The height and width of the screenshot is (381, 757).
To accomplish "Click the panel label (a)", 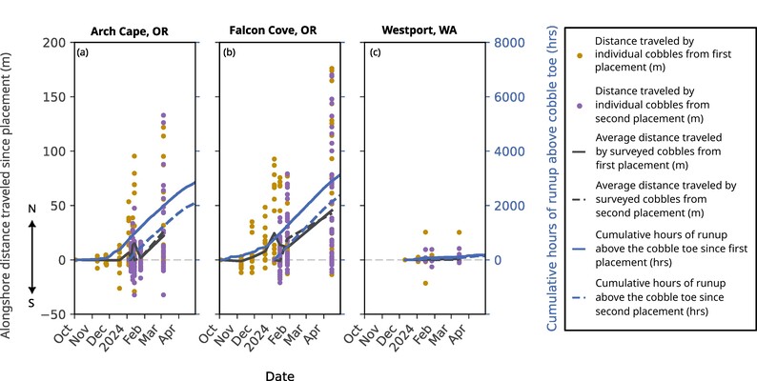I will click(83, 51).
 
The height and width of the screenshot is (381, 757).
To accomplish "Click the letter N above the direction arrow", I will click(32, 208).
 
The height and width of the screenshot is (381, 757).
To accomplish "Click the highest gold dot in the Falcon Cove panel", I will click(332, 70).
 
